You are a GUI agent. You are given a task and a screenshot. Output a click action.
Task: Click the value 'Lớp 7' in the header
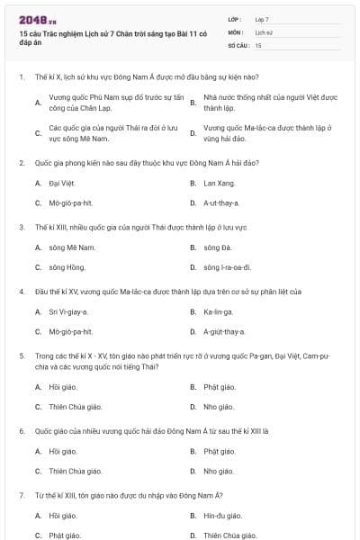(262, 19)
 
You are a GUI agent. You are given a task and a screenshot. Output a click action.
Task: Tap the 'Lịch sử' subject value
(263, 31)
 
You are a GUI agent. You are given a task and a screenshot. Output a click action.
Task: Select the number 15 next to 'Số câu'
(258, 44)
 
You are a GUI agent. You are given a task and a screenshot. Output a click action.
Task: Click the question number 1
(21, 77)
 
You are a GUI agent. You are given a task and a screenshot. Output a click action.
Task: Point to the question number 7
(21, 495)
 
